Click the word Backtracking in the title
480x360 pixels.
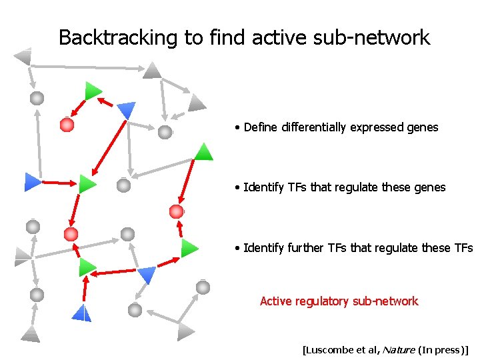pyautogui.click(x=119, y=37)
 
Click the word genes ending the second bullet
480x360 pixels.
pyautogui.click(x=429, y=187)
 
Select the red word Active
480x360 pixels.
pyautogui.click(x=275, y=301)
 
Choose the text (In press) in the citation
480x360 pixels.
pyautogui.click(x=441, y=349)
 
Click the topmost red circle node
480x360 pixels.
pyautogui.click(x=67, y=124)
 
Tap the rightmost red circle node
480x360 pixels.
pyautogui.click(x=176, y=211)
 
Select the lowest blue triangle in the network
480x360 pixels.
pyautogui.click(x=81, y=313)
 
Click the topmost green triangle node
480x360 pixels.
pyautogui.click(x=93, y=91)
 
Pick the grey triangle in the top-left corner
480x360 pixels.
pyautogui.click(x=23, y=55)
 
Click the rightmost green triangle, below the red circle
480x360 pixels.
pyautogui.click(x=189, y=248)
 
